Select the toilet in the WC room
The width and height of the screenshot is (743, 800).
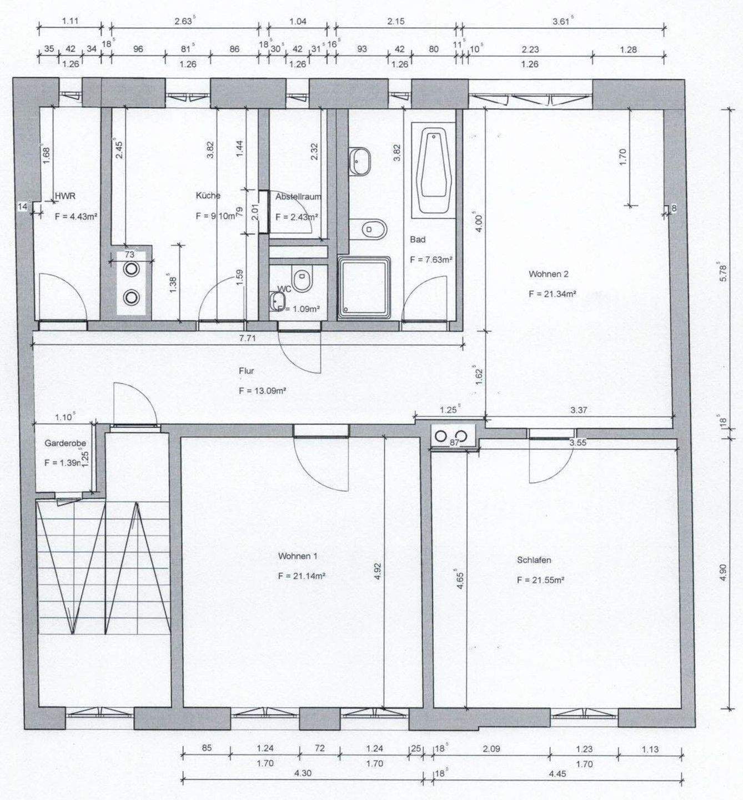(x=303, y=279)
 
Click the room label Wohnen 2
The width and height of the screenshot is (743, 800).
(x=548, y=274)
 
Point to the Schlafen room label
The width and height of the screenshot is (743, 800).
(x=534, y=560)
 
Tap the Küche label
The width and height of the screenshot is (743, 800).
(x=208, y=196)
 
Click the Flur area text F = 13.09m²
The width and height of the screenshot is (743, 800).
(x=262, y=391)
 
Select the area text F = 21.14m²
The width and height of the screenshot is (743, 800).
(x=302, y=576)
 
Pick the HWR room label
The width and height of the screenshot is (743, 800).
(x=65, y=196)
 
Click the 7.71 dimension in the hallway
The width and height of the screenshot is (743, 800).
(x=247, y=338)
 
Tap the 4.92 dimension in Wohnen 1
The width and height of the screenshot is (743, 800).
(x=378, y=572)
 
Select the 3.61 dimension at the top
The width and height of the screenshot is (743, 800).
(x=563, y=22)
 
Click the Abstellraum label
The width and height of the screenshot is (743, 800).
(x=298, y=196)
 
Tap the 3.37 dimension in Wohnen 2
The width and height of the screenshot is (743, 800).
(x=579, y=410)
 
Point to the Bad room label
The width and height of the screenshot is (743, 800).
(x=418, y=239)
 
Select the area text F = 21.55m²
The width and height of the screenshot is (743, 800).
(x=540, y=580)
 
